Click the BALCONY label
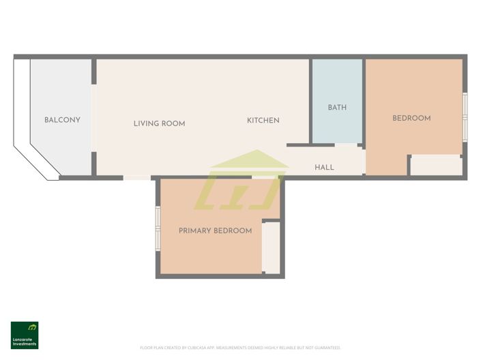click(x=62, y=120)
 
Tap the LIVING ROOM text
click(x=159, y=123)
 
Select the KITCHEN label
click(x=263, y=121)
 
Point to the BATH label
click(x=337, y=108)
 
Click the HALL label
click(x=324, y=167)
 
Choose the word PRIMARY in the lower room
click(x=194, y=230)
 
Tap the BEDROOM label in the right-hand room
click(x=411, y=118)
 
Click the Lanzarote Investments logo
click(x=25, y=335)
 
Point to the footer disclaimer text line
click(x=240, y=348)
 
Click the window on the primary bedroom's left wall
click(x=158, y=228)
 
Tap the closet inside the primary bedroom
click(x=271, y=247)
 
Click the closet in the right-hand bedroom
click(x=436, y=166)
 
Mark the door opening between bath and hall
click(x=346, y=145)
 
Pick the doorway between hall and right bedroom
click(x=364, y=162)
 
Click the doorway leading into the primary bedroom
click(x=263, y=177)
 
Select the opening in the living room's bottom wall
click(x=136, y=178)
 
